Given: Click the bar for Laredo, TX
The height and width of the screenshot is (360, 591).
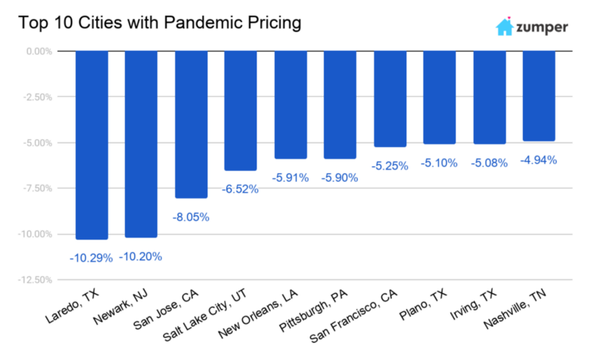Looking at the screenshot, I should [x=92, y=145].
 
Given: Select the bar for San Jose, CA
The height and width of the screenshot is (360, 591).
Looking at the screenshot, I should [x=191, y=124].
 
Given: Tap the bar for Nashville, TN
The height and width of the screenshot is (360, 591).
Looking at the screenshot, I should [x=539, y=96].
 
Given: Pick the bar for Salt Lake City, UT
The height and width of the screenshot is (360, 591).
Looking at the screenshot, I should [x=241, y=111].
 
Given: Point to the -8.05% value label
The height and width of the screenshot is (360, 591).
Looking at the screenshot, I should [x=191, y=217].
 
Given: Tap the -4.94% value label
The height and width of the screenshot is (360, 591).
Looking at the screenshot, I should [x=539, y=160].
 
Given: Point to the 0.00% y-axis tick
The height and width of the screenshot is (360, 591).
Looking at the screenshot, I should [x=34, y=52].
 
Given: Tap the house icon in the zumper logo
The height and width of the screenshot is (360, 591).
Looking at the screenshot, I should [x=505, y=27].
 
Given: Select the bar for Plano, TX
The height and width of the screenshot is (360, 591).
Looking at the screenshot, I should [x=440, y=98].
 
